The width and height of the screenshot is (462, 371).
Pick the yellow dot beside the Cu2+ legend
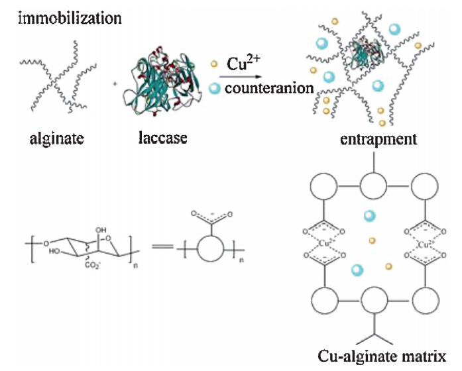click(213, 65)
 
